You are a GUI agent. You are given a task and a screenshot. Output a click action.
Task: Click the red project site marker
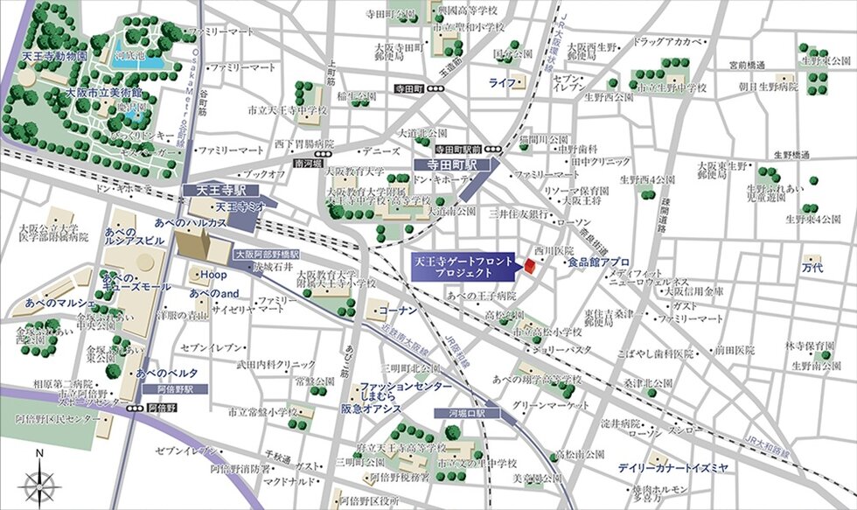click(x=529, y=265)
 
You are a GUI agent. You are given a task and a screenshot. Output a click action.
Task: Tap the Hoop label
click(x=214, y=275)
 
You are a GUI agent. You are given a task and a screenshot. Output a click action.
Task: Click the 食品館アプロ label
click(x=598, y=262)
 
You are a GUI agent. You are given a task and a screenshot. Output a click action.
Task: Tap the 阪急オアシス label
click(x=382, y=409)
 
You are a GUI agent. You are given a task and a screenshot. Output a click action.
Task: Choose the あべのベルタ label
click(x=162, y=373)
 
